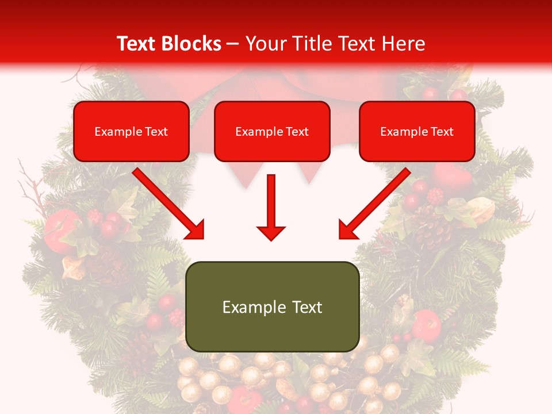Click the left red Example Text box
pos(131,131)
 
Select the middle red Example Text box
pos(272,131)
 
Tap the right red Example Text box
pos(417,131)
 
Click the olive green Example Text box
pos(272,306)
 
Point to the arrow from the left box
pos(167,202)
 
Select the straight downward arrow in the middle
pos(271,207)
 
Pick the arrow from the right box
pos(376,202)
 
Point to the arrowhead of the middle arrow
pos(271,232)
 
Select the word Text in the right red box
pos(442,132)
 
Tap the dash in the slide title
pos(233,44)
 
